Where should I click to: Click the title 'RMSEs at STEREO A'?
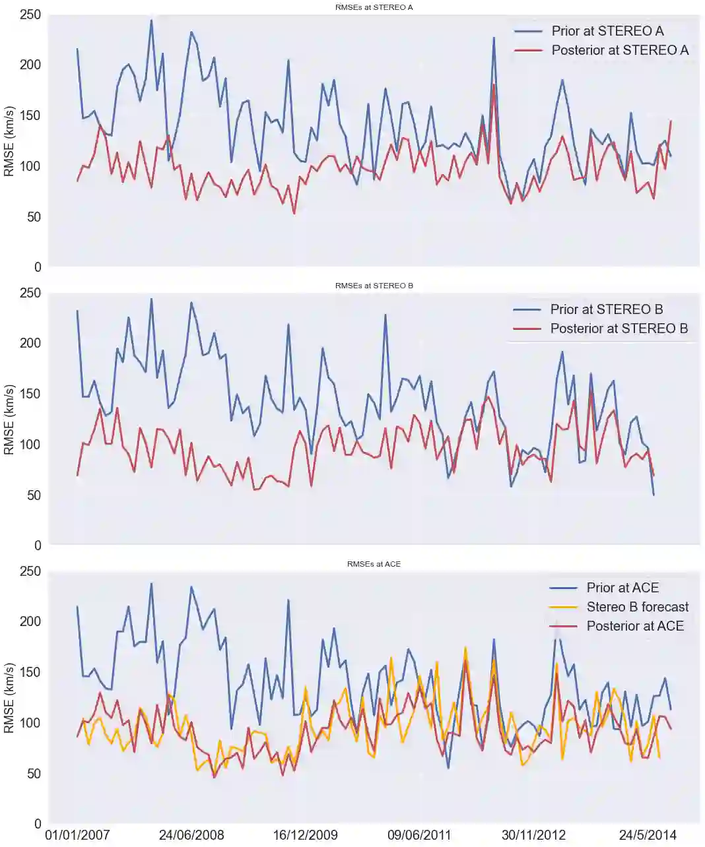374,7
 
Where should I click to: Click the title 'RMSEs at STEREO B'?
374,286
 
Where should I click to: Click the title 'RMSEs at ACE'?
374,564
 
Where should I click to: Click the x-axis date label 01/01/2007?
77,835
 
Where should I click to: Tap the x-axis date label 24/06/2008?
191,835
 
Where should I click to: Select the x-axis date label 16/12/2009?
306,835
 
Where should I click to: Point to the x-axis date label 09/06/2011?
419,835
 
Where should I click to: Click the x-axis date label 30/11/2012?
533,835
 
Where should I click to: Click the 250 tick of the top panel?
30,15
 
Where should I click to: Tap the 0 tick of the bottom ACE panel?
38,824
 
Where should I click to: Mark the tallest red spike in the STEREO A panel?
494,84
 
